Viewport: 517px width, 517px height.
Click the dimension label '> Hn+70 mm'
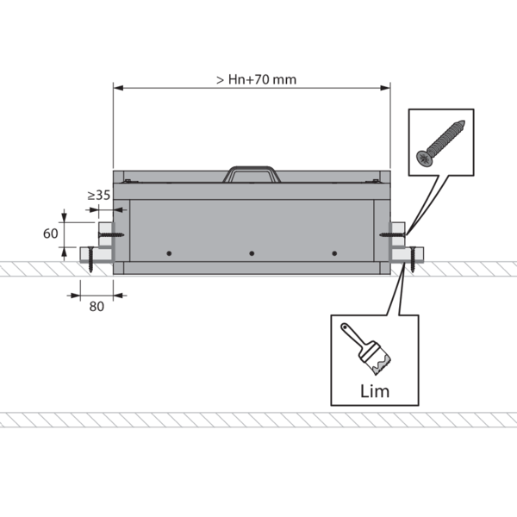point(256,79)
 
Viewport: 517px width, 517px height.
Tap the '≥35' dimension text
point(98,196)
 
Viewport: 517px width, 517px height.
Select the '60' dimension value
point(51,234)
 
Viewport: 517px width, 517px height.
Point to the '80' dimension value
point(97,307)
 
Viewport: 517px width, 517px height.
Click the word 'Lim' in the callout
point(375,391)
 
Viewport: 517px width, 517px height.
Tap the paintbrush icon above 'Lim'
point(366,349)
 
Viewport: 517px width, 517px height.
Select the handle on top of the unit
point(252,174)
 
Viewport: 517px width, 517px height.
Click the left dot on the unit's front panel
point(169,253)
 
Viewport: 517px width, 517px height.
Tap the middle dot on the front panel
point(252,253)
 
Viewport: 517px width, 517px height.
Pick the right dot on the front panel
point(334,253)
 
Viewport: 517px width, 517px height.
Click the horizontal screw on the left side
point(111,235)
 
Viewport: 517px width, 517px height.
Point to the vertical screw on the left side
point(90,259)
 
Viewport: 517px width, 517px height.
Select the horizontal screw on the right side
point(393,234)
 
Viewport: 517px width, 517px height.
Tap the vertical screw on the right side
point(412,259)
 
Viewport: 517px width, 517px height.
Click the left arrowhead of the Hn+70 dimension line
point(118,88)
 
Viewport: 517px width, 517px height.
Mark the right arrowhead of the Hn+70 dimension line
point(385,88)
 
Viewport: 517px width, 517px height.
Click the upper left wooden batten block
point(106,234)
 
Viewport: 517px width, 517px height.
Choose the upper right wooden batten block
point(397,234)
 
